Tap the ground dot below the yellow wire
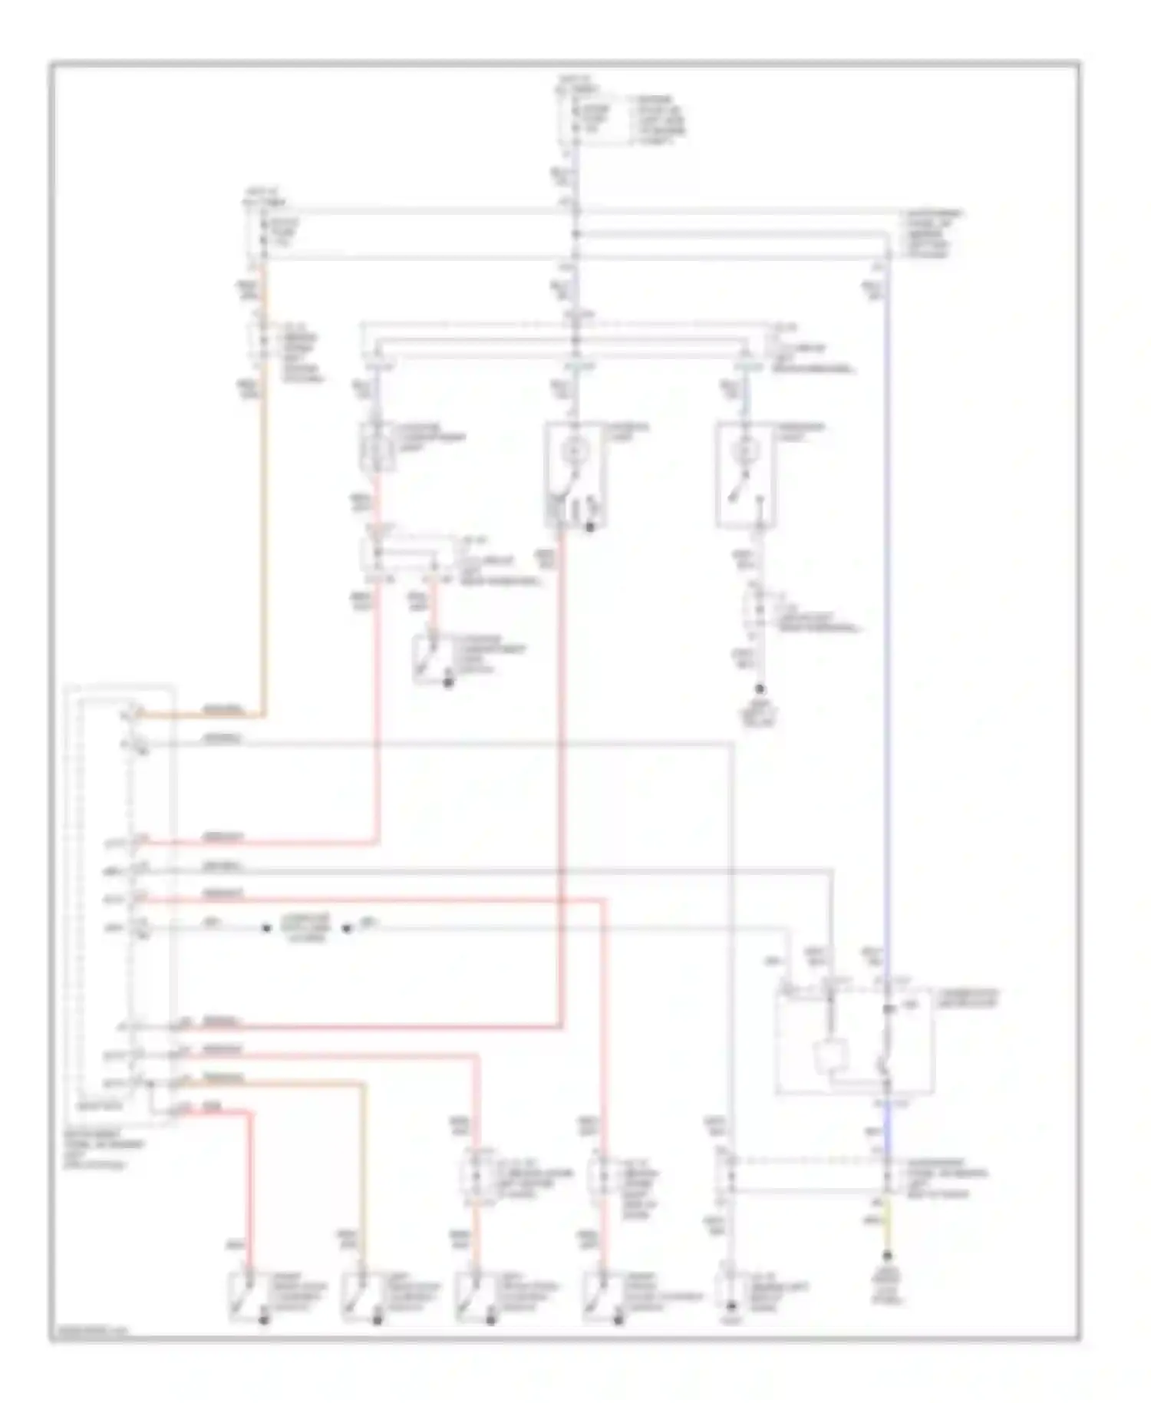point(887,1256)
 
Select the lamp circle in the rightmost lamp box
point(743,451)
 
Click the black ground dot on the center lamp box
point(590,527)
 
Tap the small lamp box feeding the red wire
point(377,447)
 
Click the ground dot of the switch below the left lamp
point(449,682)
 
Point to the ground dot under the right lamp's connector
point(760,689)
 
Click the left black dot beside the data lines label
point(265,928)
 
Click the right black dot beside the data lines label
point(347,928)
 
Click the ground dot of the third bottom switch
point(490,1320)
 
